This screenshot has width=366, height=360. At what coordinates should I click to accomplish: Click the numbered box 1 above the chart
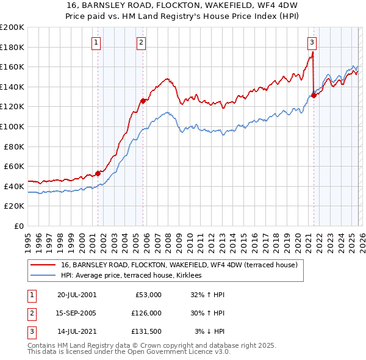pyautogui.click(x=97, y=42)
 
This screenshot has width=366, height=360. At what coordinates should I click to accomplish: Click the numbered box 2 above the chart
pyautogui.click(x=141, y=42)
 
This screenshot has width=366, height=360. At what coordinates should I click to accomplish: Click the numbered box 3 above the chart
pyautogui.click(x=312, y=42)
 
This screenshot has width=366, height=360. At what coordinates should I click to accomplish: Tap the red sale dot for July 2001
pyautogui.click(x=98, y=173)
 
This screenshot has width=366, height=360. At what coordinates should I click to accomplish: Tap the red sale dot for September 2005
pyautogui.click(x=142, y=101)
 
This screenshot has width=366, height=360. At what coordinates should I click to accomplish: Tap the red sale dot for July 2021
pyautogui.click(x=314, y=95)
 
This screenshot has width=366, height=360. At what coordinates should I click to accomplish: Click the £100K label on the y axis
pyautogui.click(x=12, y=126)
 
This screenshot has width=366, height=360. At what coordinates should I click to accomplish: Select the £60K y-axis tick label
pyautogui.click(x=13, y=166)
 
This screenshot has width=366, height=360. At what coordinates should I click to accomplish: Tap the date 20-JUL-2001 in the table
pyautogui.click(x=77, y=295)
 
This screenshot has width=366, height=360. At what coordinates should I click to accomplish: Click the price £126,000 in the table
pyautogui.click(x=146, y=313)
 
